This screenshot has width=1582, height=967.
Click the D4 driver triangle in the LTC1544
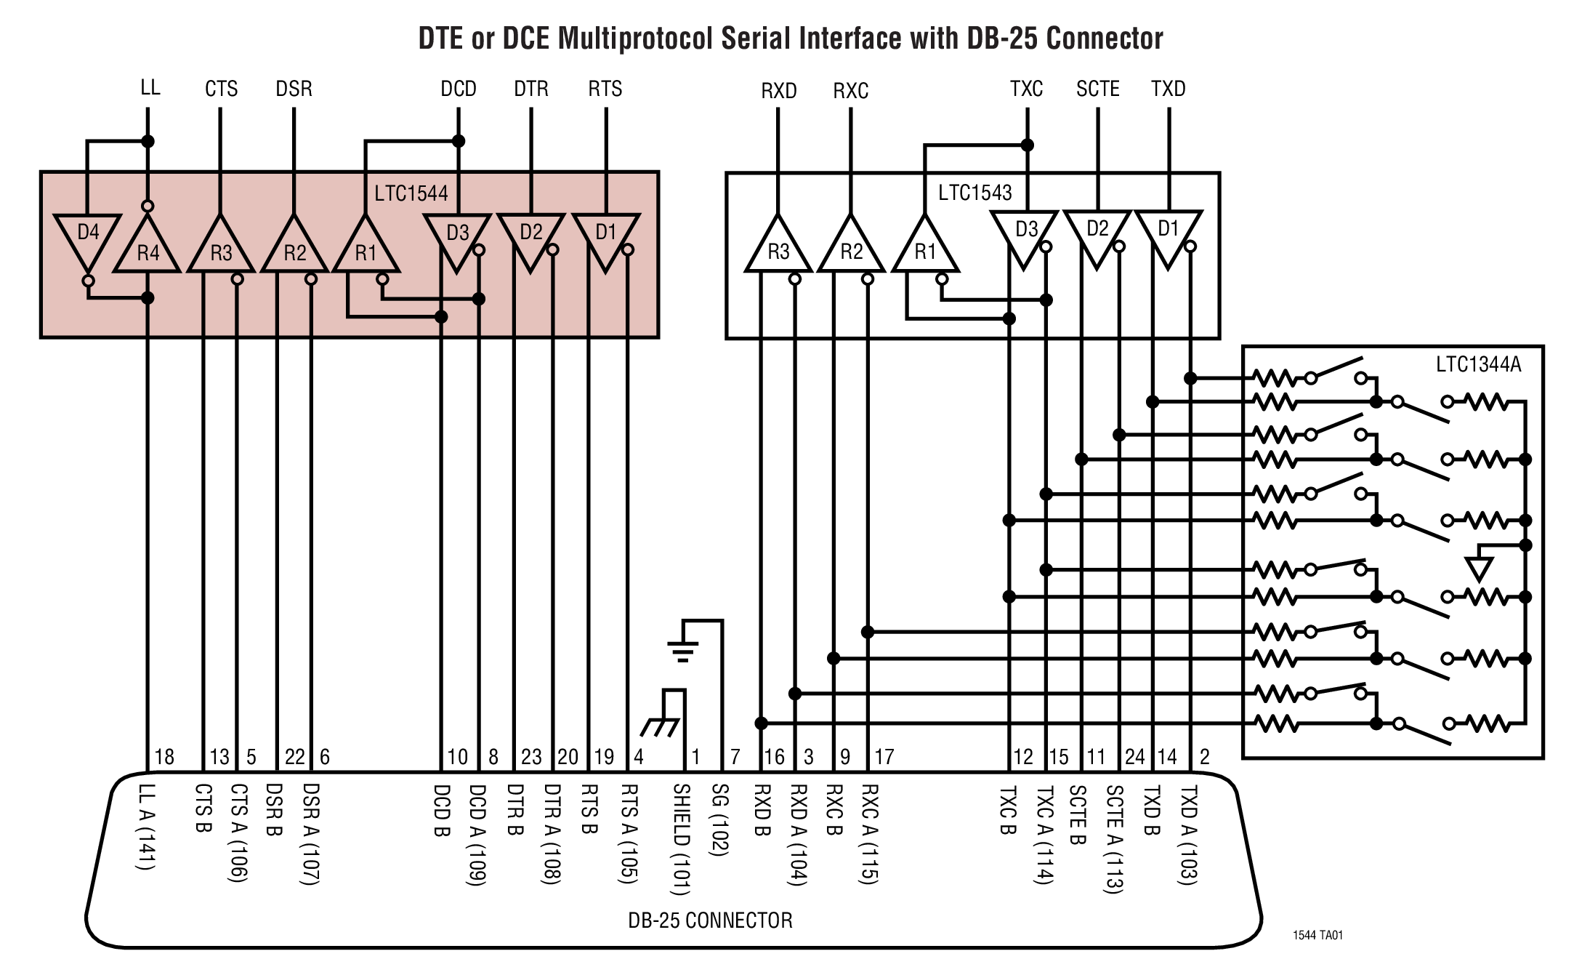tap(87, 236)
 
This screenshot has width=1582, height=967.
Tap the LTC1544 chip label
tap(411, 193)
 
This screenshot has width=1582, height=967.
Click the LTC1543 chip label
tap(974, 193)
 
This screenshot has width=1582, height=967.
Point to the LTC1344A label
tap(1478, 364)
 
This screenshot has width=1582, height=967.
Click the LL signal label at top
tap(150, 88)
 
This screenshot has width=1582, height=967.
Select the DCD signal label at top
tap(459, 89)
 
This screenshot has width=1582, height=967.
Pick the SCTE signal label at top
tap(1097, 89)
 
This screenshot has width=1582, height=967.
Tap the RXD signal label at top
tap(778, 91)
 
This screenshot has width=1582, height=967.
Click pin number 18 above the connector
tap(164, 757)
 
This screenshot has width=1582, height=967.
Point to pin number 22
tap(294, 757)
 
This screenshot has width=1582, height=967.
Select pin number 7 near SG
tap(735, 757)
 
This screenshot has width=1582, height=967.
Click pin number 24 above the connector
tap(1134, 757)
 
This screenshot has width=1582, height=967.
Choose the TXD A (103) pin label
tap(1187, 835)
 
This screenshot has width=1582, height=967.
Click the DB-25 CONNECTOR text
tap(710, 920)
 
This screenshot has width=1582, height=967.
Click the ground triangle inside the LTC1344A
tap(1479, 568)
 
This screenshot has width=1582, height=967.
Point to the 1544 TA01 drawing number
tap(1317, 935)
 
